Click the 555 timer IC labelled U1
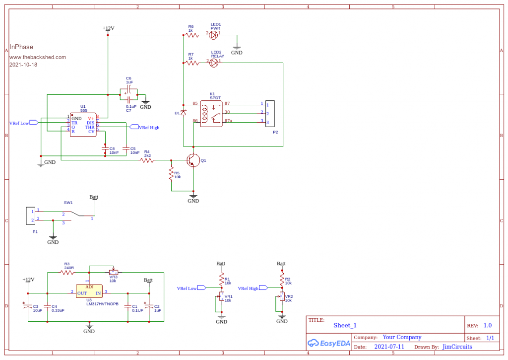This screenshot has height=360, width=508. pos(83,125)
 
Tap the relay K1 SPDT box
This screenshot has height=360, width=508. pos(211,113)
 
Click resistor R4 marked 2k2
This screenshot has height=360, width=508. pos(147,160)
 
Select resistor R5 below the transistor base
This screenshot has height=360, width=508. pos(171,174)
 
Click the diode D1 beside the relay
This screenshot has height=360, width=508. pos(184,113)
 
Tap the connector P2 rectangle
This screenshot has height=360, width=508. pos(270,113)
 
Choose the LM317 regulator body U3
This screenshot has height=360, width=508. pos(89,291)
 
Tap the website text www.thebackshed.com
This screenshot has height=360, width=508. pos(37,57)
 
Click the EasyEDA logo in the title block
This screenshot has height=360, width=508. pos(329,343)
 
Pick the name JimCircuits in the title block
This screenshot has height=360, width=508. pos(457,347)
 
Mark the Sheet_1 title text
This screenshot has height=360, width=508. pos(345,325)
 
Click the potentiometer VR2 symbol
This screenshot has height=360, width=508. pos(282,297)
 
